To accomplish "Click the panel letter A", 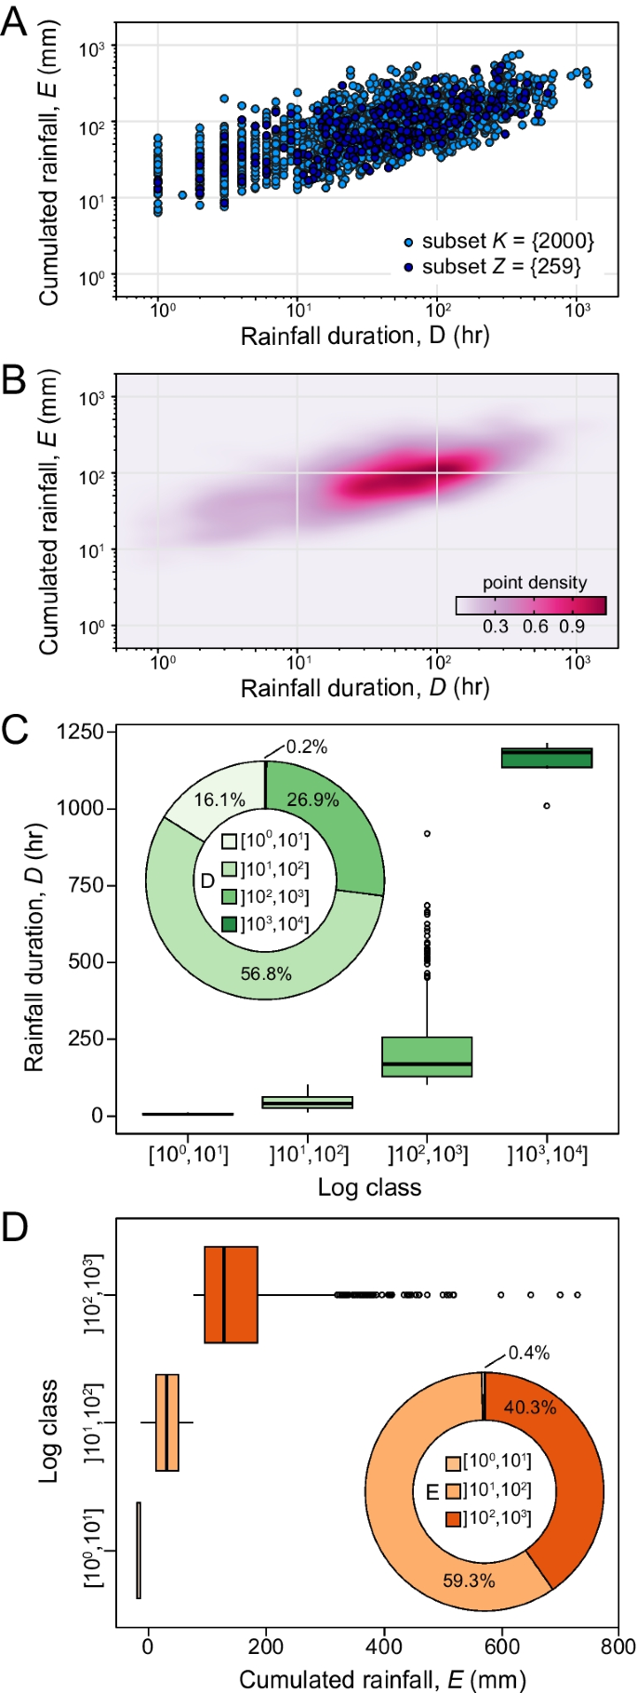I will [14, 20].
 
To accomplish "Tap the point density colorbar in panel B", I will [531, 606].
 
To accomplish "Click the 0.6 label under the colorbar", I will [535, 627].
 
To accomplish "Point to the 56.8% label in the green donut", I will [266, 973].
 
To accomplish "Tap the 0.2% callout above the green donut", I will [306, 747].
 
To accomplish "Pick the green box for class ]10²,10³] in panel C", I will [427, 1056].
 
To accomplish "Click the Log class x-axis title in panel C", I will [369, 1187].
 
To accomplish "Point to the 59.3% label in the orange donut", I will [469, 1581].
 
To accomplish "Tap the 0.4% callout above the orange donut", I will [528, 1353].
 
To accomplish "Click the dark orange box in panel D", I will [231, 1294].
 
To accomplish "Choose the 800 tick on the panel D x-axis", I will [617, 1647].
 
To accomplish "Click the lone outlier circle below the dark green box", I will [547, 806].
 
